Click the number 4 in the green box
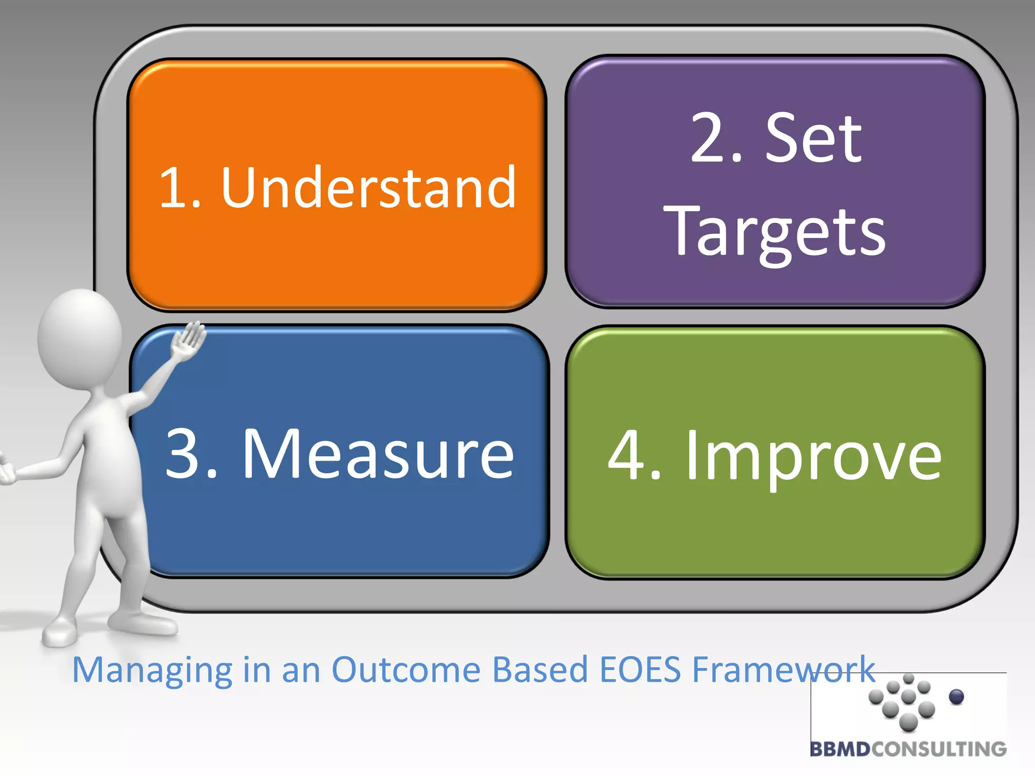tap(628, 455)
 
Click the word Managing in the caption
tap(152, 670)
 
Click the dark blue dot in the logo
tap(956, 697)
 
